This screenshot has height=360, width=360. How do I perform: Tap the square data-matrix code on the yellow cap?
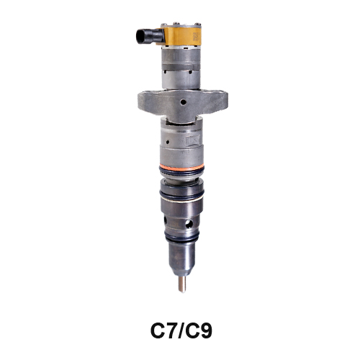[x=196, y=37]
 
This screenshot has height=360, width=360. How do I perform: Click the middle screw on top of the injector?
[x=177, y=23]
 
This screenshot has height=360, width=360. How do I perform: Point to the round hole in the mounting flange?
[x=184, y=102]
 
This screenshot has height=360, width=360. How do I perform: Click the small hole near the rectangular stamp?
[x=168, y=142]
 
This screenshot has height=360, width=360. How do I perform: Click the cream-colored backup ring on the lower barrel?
[x=181, y=199]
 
